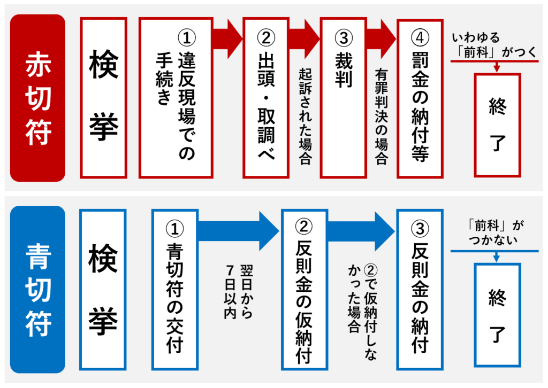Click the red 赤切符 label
click(x=37, y=97)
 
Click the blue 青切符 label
click(x=37, y=289)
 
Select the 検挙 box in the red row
click(x=103, y=97)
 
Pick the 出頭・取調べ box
click(x=266, y=97)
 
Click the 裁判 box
click(x=342, y=97)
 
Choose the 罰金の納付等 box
click(x=420, y=97)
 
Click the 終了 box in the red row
click(x=497, y=125)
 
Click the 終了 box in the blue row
click(x=497, y=315)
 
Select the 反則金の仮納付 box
click(x=304, y=289)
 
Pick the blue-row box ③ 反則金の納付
click(x=420, y=289)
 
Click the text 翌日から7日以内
click(x=238, y=291)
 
